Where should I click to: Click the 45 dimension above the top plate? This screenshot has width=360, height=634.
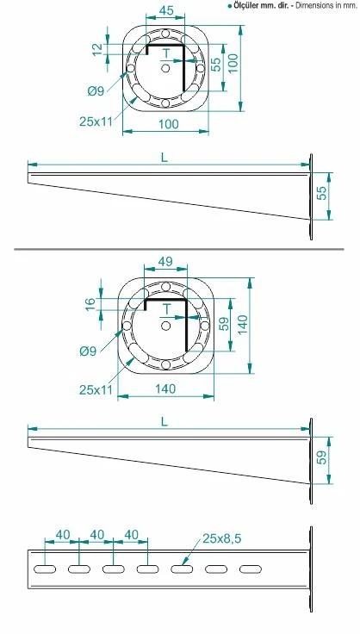166,10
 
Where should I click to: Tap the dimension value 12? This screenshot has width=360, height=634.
98,49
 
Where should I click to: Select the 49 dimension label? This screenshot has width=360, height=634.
165,262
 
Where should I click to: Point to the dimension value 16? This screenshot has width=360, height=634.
90,304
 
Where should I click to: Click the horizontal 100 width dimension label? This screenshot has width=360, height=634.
168,124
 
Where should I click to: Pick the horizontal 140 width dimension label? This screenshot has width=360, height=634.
165,388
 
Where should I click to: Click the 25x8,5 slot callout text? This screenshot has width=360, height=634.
221,538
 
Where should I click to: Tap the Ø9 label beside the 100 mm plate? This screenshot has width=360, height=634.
96,91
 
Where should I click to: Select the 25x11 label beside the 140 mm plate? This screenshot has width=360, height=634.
96,389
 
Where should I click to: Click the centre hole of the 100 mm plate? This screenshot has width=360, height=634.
165,68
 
